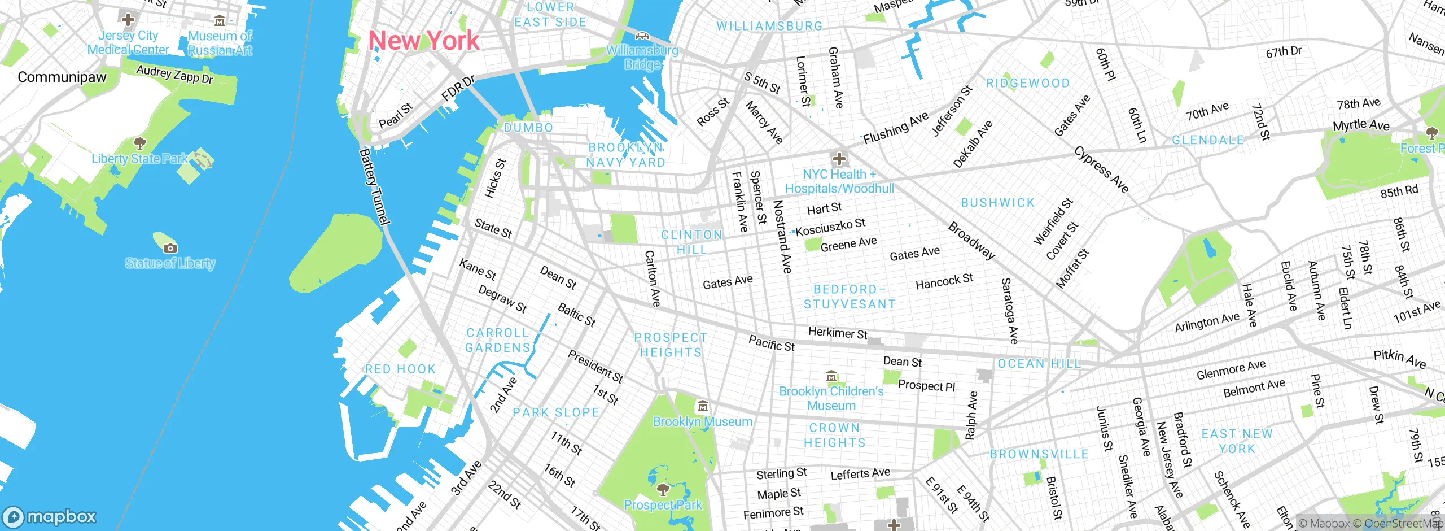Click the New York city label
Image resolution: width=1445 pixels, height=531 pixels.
click(423, 41)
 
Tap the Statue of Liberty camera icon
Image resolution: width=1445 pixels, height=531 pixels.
click(170, 248)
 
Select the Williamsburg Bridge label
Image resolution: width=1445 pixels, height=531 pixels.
click(642, 57)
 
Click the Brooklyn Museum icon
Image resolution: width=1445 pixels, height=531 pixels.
click(702, 406)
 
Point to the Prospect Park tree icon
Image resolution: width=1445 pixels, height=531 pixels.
click(663, 489)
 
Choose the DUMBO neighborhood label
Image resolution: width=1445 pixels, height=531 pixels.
click(528, 128)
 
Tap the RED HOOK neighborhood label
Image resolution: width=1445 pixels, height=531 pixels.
click(400, 369)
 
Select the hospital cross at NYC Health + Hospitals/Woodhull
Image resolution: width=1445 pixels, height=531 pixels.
click(839, 159)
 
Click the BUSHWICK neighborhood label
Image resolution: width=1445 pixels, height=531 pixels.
click(998, 202)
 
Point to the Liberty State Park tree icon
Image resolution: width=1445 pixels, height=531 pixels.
click(140, 143)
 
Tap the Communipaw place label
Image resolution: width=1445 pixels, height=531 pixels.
click(62, 77)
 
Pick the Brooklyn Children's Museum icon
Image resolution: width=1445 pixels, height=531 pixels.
click(831, 376)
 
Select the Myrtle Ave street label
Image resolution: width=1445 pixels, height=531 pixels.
click(1361, 125)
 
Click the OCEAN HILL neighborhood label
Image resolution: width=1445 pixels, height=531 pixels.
click(1039, 363)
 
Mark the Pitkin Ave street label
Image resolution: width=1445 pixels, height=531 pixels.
click(1399, 358)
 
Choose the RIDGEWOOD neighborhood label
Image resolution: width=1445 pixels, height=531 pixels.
click(1028, 83)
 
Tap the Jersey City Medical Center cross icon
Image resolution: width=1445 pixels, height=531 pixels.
click(128, 20)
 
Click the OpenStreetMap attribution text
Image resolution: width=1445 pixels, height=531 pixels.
click(1403, 523)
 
